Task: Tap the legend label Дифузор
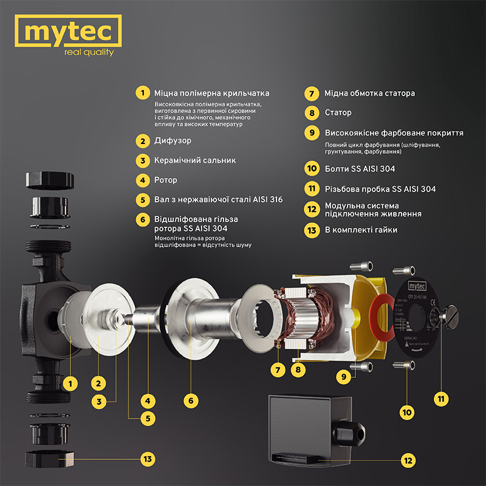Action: pos(173,141)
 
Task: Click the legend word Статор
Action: pos(338,112)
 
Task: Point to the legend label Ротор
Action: pos(166,180)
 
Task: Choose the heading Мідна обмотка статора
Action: pos(369,94)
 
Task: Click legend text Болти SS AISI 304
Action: pos(360,169)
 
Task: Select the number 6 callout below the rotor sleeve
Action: pos(191,401)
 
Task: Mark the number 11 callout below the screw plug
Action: pos(442,399)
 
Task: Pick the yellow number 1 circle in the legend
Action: pos(142,93)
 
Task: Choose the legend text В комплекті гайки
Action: pos(361,230)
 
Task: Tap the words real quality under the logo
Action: pos(89,53)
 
